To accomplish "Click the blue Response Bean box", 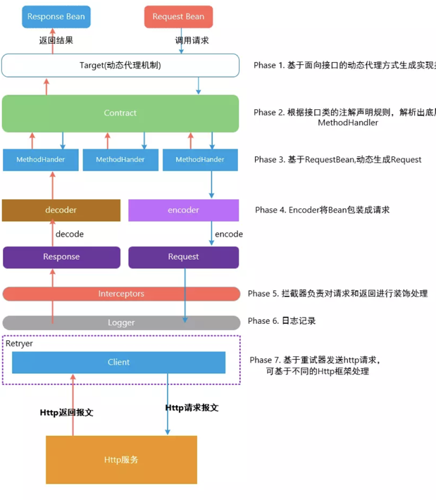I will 56,17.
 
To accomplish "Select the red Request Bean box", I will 178,17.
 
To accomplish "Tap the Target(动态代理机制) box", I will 120,65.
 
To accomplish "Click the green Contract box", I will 120,113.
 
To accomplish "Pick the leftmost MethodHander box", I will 41,160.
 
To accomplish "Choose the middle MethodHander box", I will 120,160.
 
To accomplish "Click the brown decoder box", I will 61,210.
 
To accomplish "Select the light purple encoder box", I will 183,210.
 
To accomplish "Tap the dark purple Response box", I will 61,257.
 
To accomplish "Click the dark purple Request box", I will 183,257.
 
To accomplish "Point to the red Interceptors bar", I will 120,294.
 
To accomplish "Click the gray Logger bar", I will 120,323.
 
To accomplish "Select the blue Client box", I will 118,363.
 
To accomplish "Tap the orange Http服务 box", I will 121,460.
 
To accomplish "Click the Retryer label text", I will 19,344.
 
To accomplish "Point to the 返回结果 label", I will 56,41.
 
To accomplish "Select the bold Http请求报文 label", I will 192,408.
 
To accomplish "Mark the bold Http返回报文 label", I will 66,413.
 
